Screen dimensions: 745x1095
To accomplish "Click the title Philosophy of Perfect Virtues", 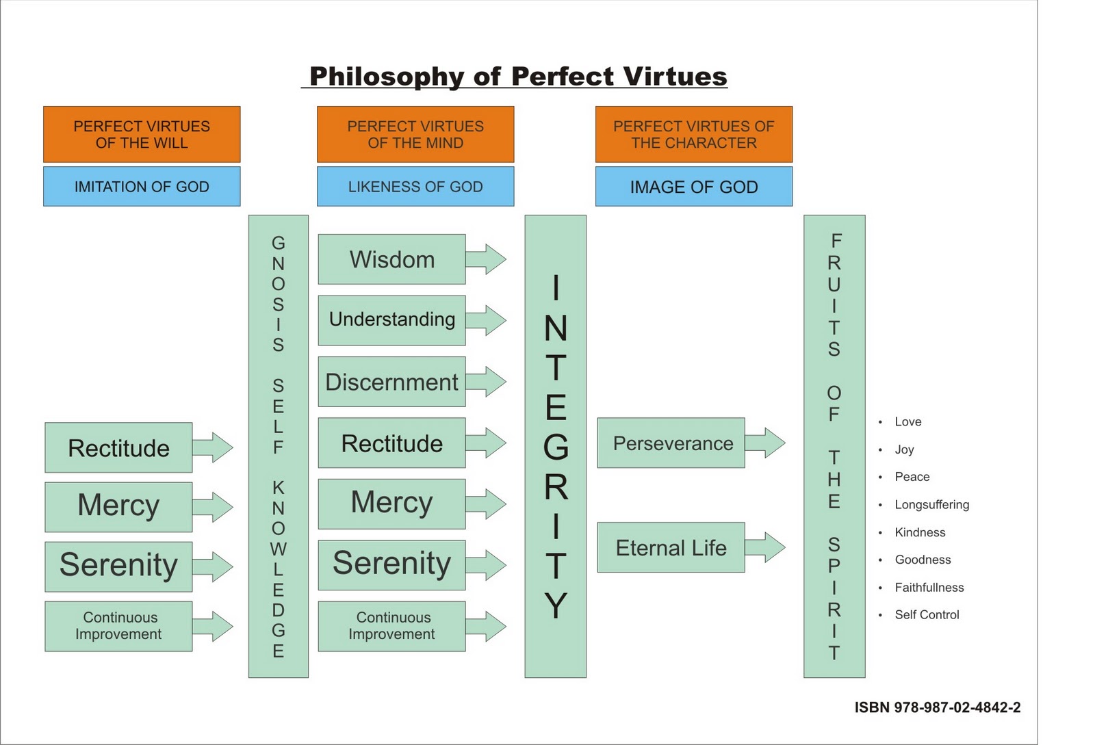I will [x=517, y=76].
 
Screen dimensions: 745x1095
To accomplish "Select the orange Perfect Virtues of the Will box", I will [x=142, y=134].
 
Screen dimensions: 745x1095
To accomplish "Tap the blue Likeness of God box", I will [x=415, y=186].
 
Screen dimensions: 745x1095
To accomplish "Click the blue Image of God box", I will [x=693, y=186].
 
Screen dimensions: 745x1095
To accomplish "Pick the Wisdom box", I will [x=391, y=259].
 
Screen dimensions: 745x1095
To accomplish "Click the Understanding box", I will [x=391, y=319].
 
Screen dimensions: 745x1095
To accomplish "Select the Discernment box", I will [x=391, y=382].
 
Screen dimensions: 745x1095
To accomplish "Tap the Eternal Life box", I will [x=670, y=547].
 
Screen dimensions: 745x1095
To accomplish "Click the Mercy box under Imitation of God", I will [x=118, y=506].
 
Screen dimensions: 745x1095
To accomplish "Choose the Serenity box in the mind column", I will [x=391, y=564].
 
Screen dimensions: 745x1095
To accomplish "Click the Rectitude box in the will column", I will [x=118, y=447].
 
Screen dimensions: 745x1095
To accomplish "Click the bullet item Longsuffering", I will [x=931, y=504].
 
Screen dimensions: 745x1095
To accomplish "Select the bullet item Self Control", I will [x=927, y=614].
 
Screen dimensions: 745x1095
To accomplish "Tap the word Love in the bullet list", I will [x=907, y=421].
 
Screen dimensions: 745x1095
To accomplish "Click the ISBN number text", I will [x=937, y=707].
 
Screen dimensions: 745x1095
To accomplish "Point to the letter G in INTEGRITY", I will [x=556, y=447].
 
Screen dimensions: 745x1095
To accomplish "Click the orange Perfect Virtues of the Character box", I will [x=693, y=134].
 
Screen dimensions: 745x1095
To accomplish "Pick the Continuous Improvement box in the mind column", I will [x=391, y=625].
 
